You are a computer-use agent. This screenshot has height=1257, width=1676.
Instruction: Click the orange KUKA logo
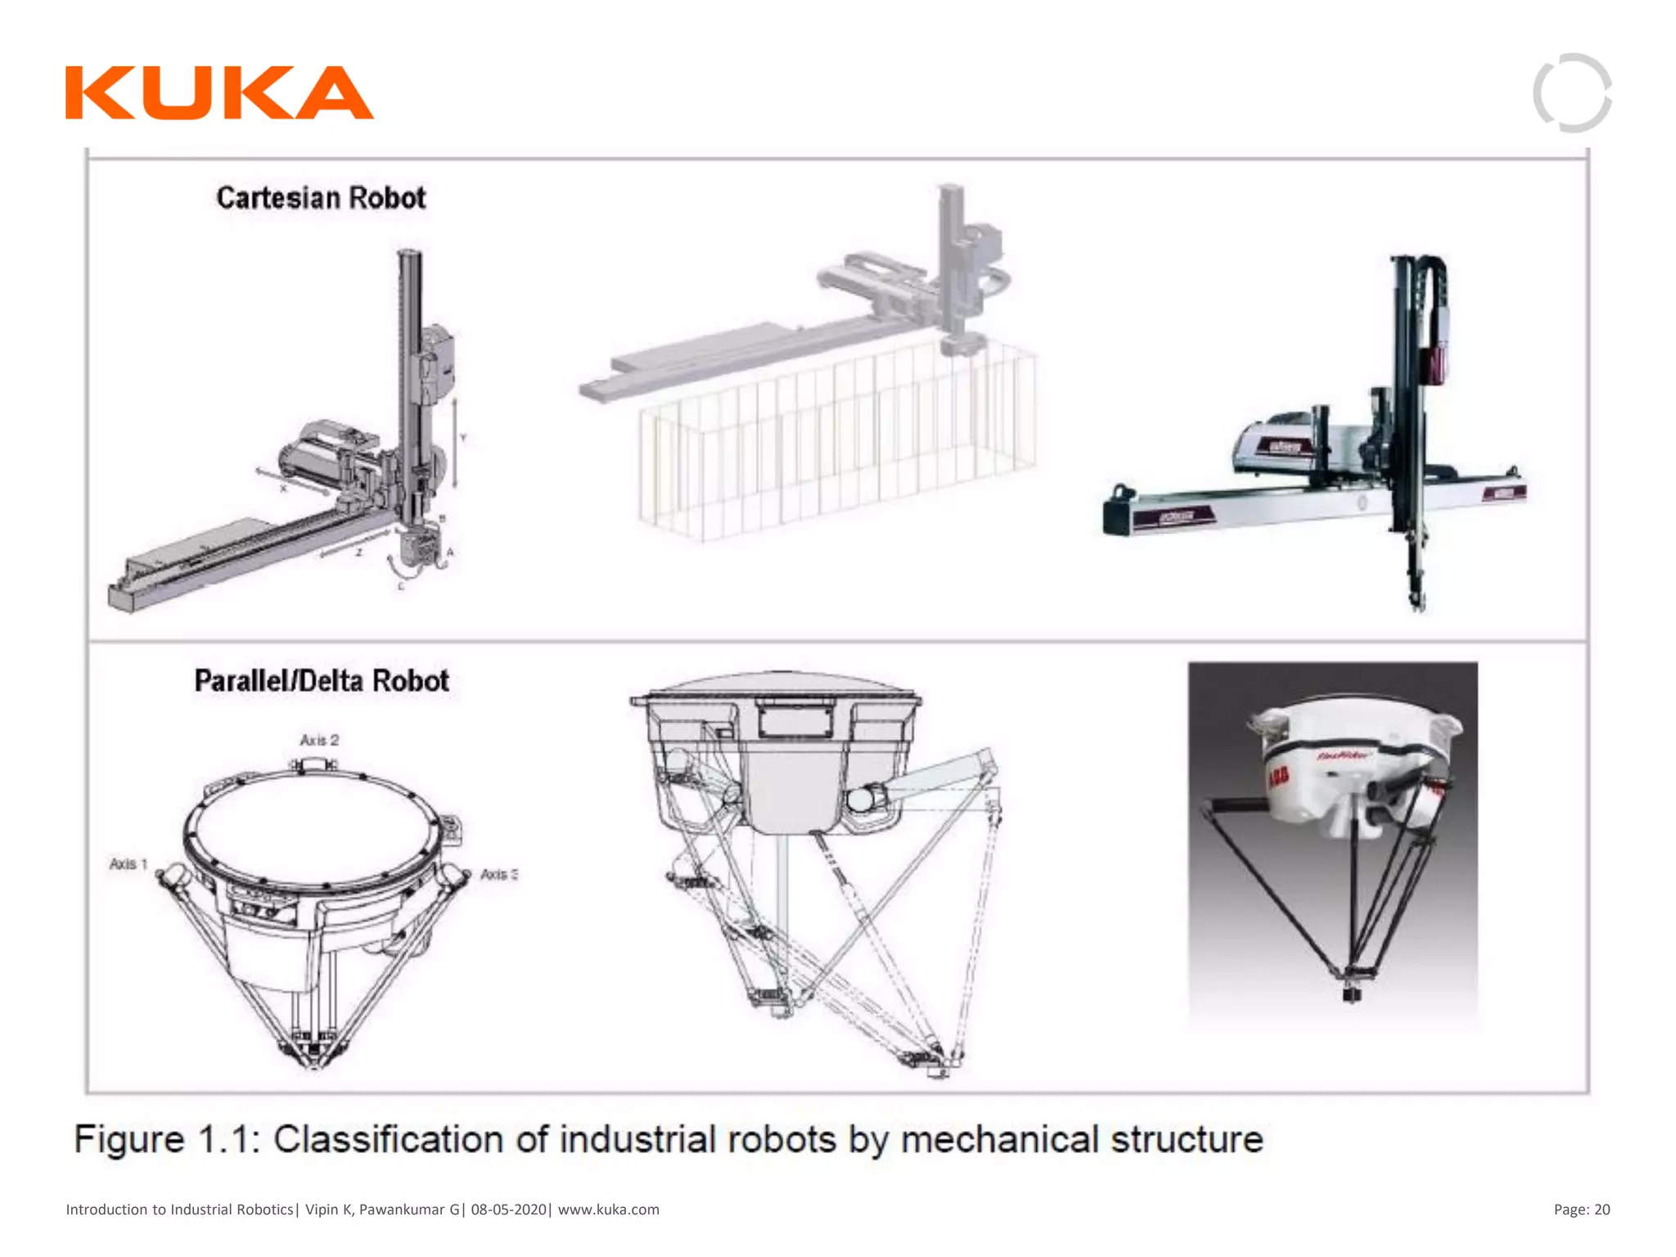coord(219,93)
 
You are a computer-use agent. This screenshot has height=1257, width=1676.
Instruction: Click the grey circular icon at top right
coord(1572,92)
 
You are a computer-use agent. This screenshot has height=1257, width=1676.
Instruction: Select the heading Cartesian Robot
coord(321,198)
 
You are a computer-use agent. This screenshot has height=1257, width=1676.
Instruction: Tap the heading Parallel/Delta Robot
coord(322,681)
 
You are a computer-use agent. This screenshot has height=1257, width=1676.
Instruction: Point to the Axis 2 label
coord(319,741)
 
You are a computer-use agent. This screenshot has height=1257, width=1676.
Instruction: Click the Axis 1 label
coord(128,864)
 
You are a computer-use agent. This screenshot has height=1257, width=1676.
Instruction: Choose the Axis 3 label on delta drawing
coord(498,875)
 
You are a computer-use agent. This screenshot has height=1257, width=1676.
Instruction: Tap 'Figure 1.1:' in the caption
coord(167,1139)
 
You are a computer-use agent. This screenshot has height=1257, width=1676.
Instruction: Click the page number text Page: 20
coord(1581,1210)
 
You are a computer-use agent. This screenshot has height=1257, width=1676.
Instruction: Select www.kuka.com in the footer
coord(608,1210)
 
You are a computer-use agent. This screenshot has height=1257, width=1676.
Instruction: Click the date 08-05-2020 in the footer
coord(508,1210)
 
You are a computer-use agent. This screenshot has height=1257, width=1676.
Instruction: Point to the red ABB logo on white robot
coord(1277,777)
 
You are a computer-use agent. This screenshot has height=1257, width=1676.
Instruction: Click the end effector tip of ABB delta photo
coord(1351,994)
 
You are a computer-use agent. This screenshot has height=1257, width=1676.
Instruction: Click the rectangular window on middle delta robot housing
coord(795,721)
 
